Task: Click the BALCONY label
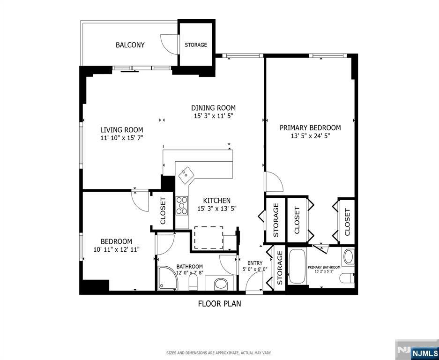(130, 45)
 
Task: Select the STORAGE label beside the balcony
(195, 45)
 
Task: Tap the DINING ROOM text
(213, 108)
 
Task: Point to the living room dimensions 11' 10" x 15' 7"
(121, 138)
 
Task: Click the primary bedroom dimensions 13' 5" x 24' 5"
(310, 136)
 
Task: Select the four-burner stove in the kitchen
(181, 205)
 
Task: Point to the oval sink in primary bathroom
(348, 256)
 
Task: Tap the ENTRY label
(255, 263)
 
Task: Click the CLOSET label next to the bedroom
(163, 211)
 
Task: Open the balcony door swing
(167, 44)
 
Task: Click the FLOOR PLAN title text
(219, 303)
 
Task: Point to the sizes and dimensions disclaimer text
(219, 352)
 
